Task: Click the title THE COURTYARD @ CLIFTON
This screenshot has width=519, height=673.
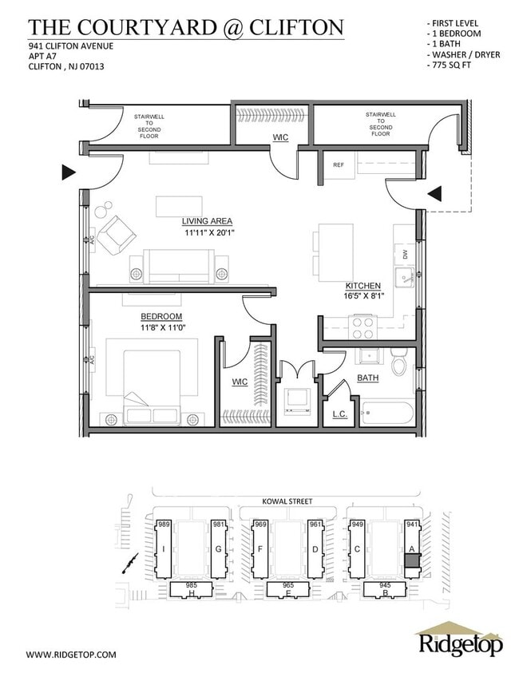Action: tap(186, 27)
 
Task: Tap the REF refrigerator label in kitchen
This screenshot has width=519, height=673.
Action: tap(338, 165)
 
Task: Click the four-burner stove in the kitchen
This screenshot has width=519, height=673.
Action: tap(364, 328)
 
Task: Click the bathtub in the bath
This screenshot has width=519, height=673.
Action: tap(387, 414)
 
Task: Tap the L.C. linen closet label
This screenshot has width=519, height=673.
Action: tap(339, 414)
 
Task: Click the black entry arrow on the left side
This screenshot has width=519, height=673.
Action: tap(69, 172)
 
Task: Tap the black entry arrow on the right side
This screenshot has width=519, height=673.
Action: tap(434, 193)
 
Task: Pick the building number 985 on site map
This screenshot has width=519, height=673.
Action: tap(192, 585)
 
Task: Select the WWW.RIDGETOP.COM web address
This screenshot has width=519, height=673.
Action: tap(71, 654)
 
